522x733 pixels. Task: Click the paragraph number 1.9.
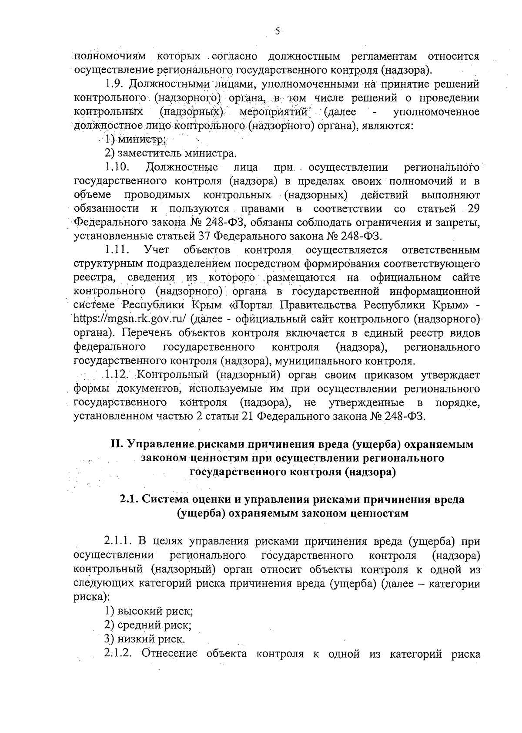(116, 84)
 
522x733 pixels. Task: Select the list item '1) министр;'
(135, 139)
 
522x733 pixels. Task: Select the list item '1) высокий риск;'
(148, 611)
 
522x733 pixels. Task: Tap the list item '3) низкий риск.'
(145, 639)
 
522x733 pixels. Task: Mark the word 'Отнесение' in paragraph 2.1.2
(170, 653)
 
